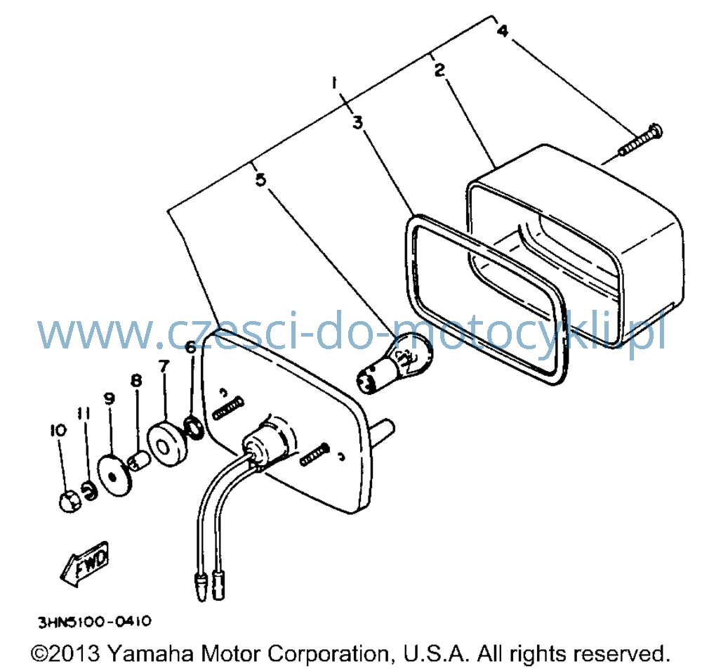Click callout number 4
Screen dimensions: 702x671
[503, 31]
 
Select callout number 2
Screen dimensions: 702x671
[440, 70]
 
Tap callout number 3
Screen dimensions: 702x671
[357, 122]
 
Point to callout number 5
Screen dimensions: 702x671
[260, 180]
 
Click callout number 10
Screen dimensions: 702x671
[58, 430]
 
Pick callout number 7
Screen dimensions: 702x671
[164, 366]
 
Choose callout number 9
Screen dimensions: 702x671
[110, 398]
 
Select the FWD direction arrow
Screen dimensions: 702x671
[85, 563]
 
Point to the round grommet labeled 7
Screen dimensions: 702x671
[166, 444]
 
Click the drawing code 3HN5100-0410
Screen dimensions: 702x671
[95, 622]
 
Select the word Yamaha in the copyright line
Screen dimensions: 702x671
[150, 654]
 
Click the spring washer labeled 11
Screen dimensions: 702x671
[90, 490]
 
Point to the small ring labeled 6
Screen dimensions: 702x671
[194, 427]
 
